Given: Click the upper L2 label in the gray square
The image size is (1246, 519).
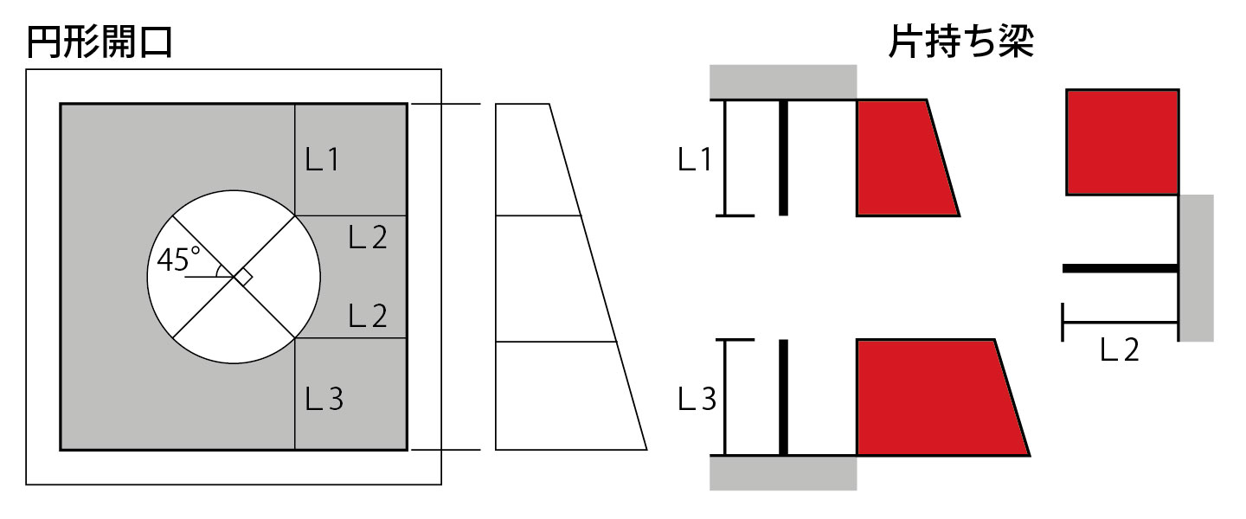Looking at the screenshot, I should pyautogui.click(x=368, y=237).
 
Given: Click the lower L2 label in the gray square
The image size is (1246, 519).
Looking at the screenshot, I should pyautogui.click(x=368, y=316).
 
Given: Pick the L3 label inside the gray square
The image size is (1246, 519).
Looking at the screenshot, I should pyautogui.click(x=324, y=398).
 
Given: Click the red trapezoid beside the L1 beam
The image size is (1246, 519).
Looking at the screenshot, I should pyautogui.click(x=900, y=157).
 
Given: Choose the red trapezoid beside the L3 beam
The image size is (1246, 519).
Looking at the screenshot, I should pyautogui.click(x=934, y=397).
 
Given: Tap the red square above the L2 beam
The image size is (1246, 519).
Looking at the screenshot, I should pyautogui.click(x=1121, y=142).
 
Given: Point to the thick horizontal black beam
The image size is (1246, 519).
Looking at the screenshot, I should pyautogui.click(x=1121, y=269).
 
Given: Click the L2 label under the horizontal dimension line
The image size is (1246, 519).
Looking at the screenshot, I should pyautogui.click(x=1120, y=349).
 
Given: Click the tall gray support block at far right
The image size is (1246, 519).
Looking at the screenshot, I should pyautogui.click(x=1197, y=268).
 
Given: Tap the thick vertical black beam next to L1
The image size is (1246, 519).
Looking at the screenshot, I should pyautogui.click(x=783, y=157).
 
